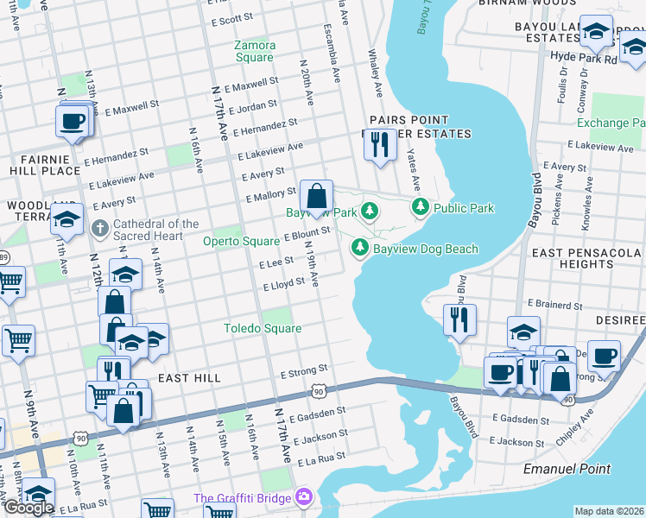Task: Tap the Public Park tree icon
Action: coord(421,207)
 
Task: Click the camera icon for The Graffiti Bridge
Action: coord(303,497)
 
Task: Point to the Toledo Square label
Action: coord(263,328)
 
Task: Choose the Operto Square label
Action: coord(241,242)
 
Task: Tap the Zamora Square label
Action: coord(256,51)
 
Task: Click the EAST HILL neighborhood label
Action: coord(189,378)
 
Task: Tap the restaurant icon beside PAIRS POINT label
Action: coord(377,144)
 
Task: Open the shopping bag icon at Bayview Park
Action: coord(317,196)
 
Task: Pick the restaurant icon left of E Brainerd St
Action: coord(459,319)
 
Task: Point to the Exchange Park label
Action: coord(611,123)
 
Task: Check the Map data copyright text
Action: coord(609,511)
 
